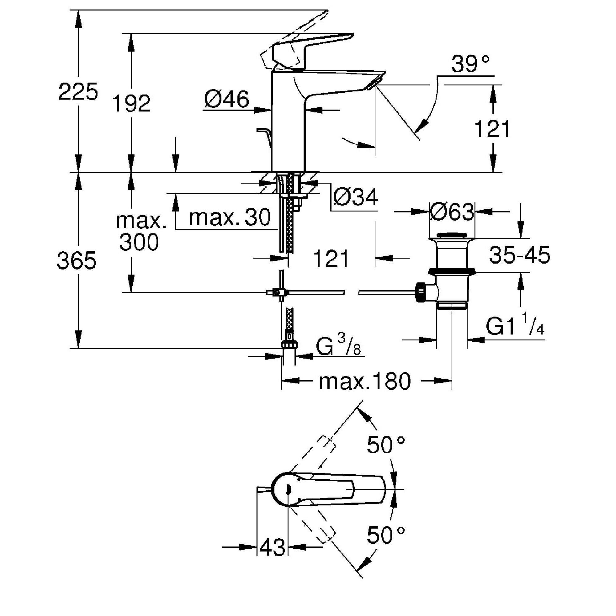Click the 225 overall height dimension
pyautogui.click(x=78, y=92)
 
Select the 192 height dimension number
pyautogui.click(x=132, y=103)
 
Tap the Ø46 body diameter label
pyautogui.click(x=226, y=99)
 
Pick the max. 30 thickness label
pyautogui.click(x=229, y=218)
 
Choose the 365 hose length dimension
pyautogui.click(x=76, y=260)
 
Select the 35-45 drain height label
pyautogui.click(x=520, y=255)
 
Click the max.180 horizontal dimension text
pyautogui.click(x=365, y=382)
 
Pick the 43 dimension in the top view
pyautogui.click(x=272, y=547)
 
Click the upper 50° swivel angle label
pyautogui.click(x=386, y=445)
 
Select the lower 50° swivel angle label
pyautogui.click(x=386, y=535)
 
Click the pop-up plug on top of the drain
pyautogui.click(x=452, y=236)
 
